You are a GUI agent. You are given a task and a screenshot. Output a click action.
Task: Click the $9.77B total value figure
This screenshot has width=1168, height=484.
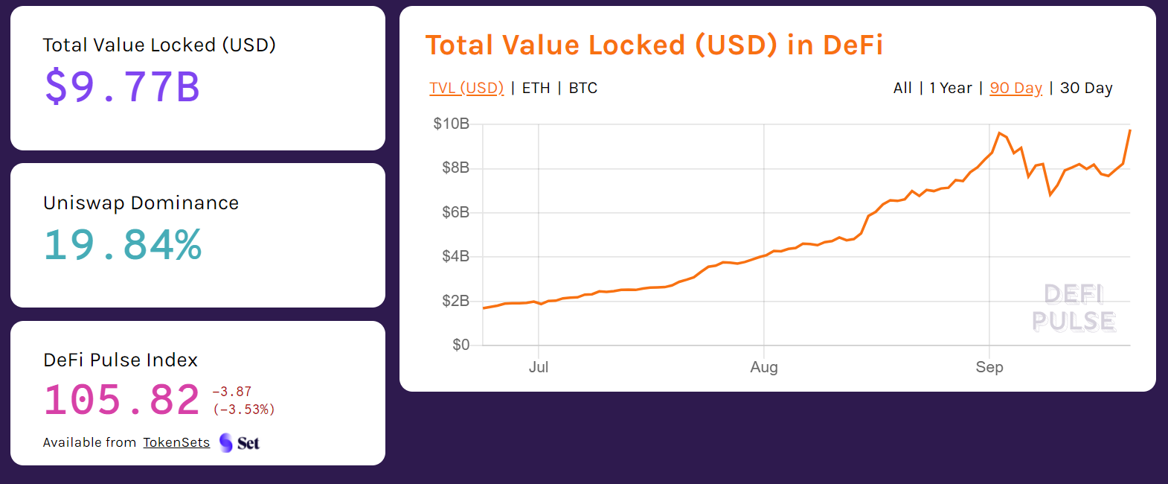(x=123, y=86)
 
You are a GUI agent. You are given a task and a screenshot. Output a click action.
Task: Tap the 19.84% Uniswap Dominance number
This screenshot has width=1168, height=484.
(x=123, y=245)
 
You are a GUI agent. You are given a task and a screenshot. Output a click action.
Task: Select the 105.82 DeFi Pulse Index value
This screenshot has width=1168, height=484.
(x=122, y=400)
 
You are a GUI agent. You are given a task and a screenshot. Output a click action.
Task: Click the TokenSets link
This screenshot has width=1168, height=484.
(x=176, y=442)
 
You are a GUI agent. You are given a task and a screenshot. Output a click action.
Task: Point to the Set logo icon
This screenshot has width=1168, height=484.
(x=226, y=443)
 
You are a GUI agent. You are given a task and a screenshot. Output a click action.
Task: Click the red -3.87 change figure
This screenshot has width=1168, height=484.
(x=232, y=392)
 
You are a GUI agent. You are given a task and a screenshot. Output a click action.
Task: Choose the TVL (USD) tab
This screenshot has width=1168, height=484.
(x=466, y=88)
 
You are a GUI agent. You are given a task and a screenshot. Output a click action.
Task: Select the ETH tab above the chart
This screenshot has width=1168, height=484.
(x=536, y=88)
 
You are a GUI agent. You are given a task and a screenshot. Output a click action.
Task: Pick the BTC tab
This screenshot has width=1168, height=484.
(x=583, y=88)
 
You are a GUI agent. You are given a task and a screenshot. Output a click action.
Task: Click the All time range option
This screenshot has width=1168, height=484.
(x=902, y=88)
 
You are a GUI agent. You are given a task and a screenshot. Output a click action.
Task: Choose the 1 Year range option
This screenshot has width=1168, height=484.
(x=950, y=88)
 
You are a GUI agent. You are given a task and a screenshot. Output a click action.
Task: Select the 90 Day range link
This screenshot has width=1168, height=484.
(x=1015, y=88)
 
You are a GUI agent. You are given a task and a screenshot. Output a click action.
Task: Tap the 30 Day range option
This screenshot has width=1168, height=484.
(x=1086, y=88)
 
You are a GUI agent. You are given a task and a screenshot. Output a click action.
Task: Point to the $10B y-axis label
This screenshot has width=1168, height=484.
(x=451, y=124)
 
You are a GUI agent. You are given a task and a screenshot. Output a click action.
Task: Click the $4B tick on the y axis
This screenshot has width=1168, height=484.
(x=455, y=256)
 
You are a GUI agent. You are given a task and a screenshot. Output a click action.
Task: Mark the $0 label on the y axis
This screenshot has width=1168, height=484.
(x=461, y=345)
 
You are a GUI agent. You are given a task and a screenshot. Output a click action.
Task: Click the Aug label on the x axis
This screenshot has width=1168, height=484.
(x=764, y=367)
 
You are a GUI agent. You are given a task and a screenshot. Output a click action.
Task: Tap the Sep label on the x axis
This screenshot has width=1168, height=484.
(x=989, y=367)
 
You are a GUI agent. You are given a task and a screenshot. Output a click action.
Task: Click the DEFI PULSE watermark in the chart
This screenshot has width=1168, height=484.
(x=1074, y=308)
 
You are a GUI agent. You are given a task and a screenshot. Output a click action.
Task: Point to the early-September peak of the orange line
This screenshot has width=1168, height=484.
(x=999, y=133)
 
